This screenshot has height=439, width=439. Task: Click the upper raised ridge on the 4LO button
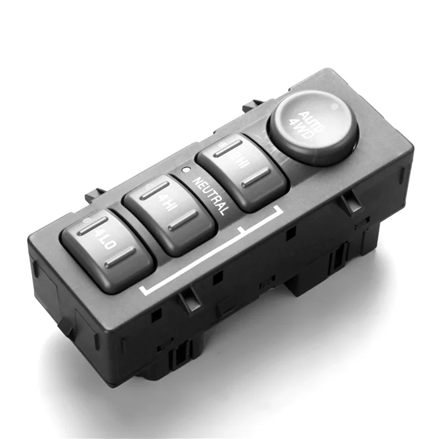[92, 226]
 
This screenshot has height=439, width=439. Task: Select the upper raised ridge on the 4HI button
[154, 190]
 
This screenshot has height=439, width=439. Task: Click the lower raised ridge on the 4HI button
[183, 222]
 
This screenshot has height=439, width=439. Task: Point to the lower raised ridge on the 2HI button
[256, 177]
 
